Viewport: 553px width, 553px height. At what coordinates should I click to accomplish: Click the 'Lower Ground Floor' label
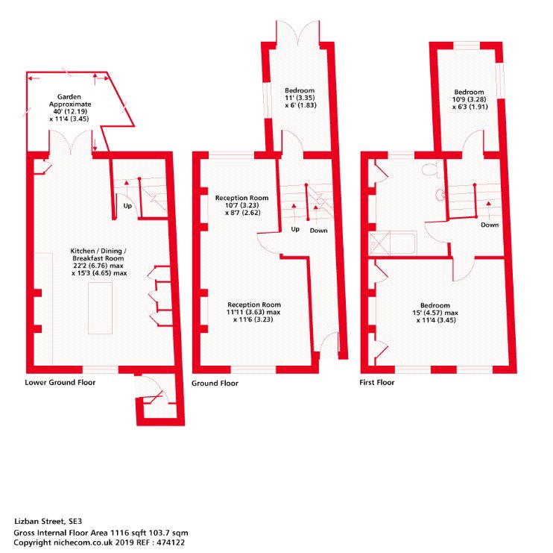60,382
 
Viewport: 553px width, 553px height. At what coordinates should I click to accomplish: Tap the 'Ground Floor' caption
215,383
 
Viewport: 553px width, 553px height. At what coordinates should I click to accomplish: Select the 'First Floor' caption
377,382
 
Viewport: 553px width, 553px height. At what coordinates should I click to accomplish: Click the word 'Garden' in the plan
69,97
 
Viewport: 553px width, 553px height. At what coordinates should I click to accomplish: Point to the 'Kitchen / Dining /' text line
98,251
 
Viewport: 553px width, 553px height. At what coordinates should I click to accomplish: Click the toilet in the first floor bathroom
432,169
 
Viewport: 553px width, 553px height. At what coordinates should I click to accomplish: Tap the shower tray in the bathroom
379,243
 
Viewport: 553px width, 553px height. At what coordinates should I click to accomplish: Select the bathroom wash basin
440,195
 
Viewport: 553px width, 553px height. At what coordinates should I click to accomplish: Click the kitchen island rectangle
100,308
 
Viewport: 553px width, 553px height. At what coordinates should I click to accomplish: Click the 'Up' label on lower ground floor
127,205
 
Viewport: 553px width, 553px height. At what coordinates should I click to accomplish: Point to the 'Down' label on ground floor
318,231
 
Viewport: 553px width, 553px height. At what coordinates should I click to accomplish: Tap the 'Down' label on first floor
490,225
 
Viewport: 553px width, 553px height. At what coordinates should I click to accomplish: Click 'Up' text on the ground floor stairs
295,229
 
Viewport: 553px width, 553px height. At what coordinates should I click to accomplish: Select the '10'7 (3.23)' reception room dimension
242,205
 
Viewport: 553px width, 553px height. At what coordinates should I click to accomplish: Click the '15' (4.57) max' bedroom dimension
435,313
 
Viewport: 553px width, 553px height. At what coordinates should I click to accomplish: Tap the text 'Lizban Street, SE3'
48,521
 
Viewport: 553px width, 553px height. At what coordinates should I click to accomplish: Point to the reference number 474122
171,543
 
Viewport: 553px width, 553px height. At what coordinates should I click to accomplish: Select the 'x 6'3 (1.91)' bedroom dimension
470,107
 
